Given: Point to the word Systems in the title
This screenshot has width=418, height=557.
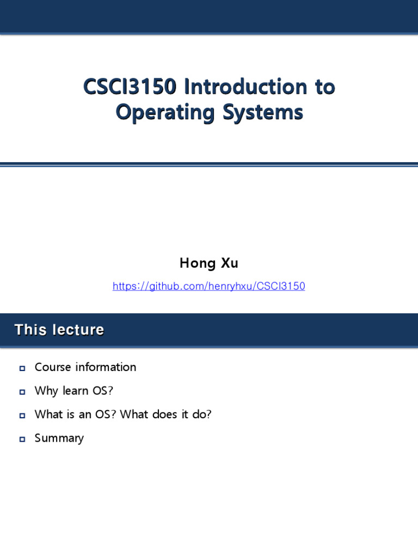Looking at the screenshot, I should click(262, 113).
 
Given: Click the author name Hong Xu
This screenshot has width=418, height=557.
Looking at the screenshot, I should click(209, 264).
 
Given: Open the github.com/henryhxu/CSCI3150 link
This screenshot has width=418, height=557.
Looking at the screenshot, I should click(209, 286).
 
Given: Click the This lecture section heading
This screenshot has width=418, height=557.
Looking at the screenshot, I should click(59, 330).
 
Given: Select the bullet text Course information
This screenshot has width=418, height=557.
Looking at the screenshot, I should click(85, 367).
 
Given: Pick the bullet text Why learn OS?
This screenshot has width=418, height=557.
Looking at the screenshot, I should click(73, 391).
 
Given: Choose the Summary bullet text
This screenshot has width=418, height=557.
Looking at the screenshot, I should click(59, 438).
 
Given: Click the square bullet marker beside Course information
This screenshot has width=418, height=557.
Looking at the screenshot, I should click(22, 368).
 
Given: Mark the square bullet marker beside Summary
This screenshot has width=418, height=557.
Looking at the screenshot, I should click(22, 440).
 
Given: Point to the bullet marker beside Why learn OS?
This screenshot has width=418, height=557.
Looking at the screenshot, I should click(22, 392).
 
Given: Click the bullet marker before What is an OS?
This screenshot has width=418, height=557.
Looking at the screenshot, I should click(22, 416).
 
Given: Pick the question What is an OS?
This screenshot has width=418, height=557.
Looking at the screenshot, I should click(76, 414).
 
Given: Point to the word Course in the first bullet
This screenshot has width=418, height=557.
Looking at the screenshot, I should click(53, 367).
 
